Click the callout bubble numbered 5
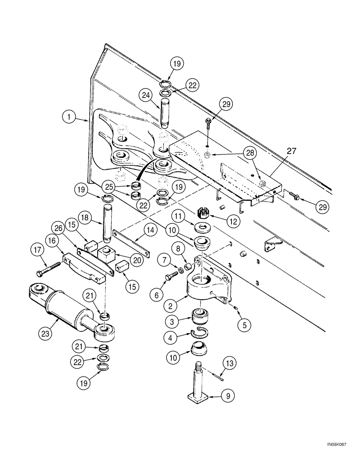point(245,324)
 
